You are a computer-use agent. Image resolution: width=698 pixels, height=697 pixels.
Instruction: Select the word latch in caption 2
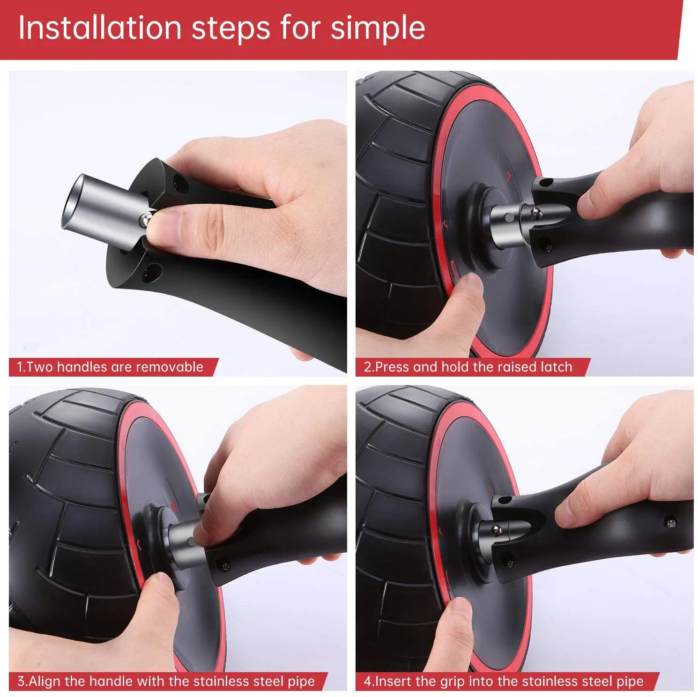(557, 367)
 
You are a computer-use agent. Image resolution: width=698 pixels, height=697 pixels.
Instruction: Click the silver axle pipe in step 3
(185, 545)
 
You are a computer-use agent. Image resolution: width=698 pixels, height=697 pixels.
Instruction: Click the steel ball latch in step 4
(496, 530)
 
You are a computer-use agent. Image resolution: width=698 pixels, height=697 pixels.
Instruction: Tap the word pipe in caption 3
(299, 682)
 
